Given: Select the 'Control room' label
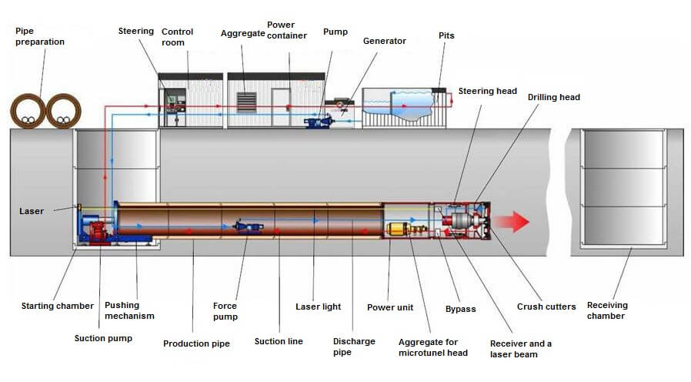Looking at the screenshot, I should (x=177, y=37).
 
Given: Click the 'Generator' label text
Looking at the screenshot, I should (x=384, y=41).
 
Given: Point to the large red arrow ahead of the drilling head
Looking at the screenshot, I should (x=511, y=222).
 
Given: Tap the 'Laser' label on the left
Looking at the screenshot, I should (x=33, y=211).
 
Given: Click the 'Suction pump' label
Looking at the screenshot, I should (x=103, y=338).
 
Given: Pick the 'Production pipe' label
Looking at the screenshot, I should (x=196, y=343).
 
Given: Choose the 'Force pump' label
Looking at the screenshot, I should (x=225, y=311).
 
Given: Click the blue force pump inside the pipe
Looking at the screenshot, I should (x=248, y=226).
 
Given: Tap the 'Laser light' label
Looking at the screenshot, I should (x=318, y=307).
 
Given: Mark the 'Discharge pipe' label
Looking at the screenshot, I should (x=354, y=347).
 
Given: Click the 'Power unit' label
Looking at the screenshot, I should (x=389, y=307).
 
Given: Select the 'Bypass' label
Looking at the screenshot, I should (x=460, y=309).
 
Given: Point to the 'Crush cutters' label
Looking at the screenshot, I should (x=546, y=307).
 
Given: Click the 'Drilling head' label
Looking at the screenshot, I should (x=553, y=97).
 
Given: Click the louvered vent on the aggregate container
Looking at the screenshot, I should (x=246, y=102).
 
